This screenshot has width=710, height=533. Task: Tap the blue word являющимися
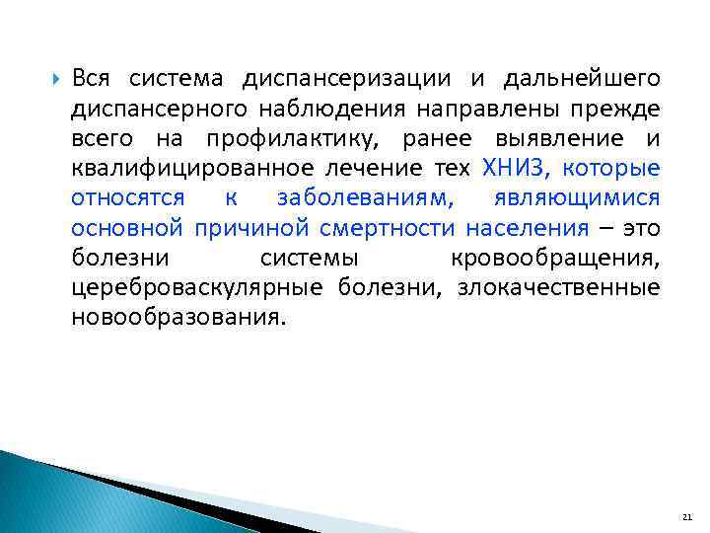pos(575,197)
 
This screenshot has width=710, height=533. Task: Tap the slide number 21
pos(687,517)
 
